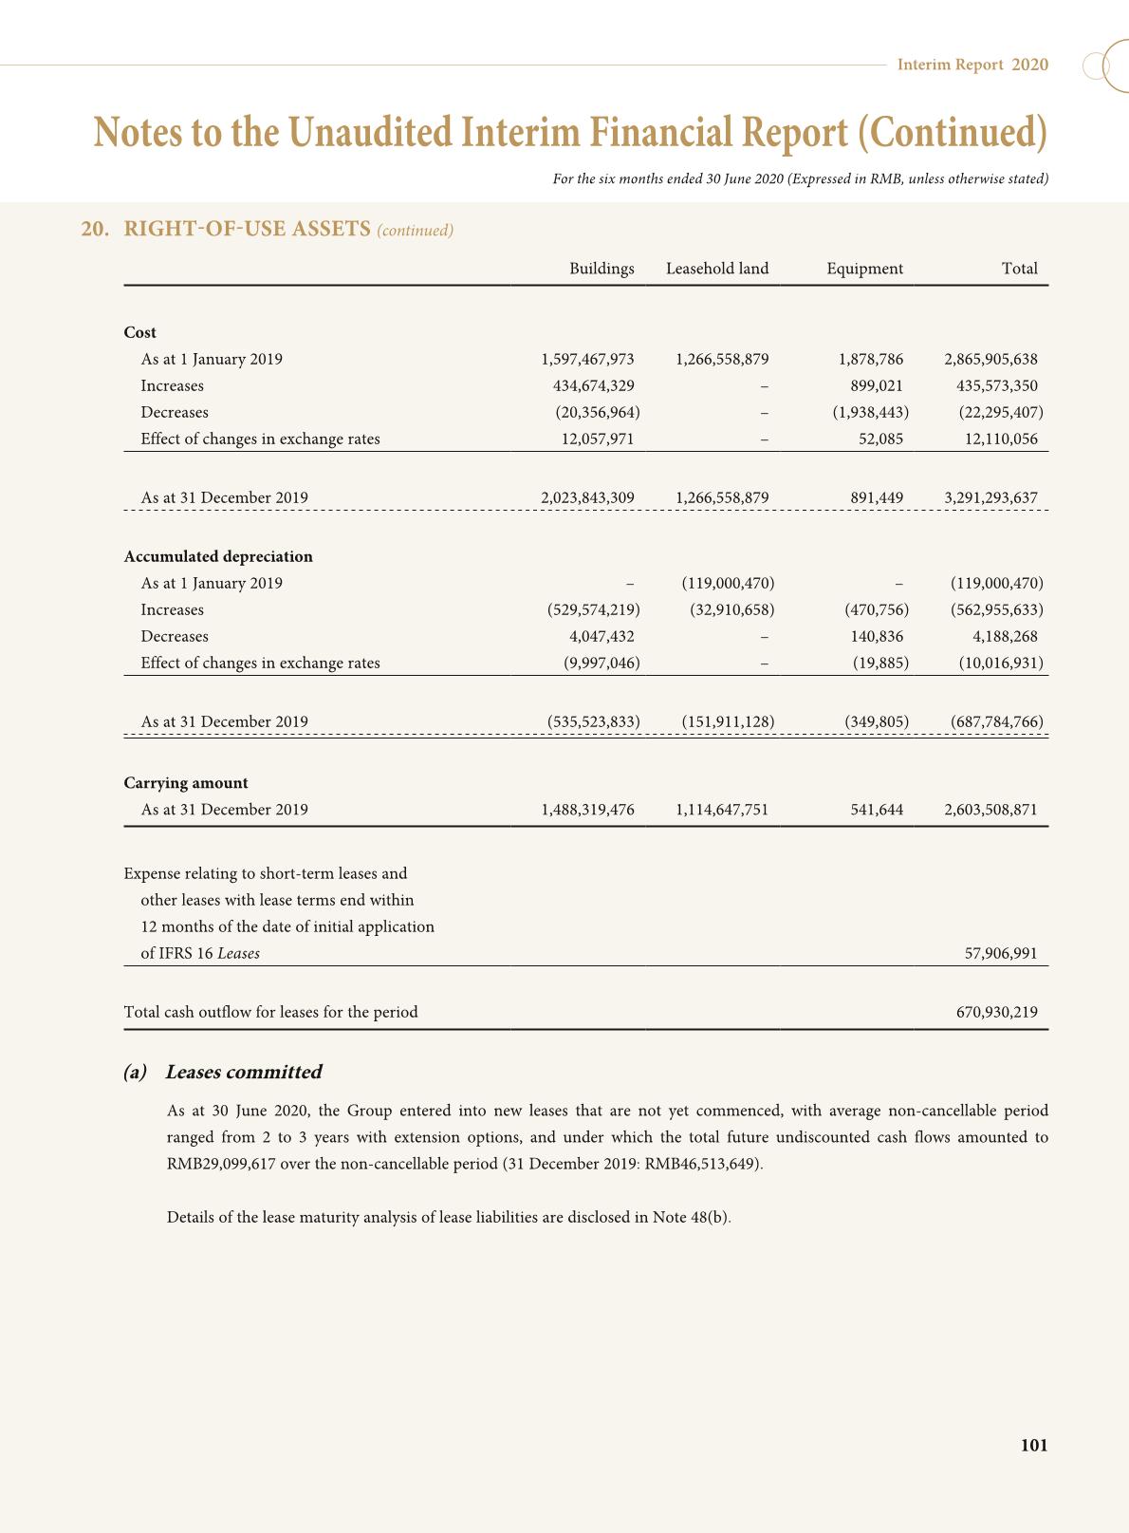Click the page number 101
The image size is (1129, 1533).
(x=1034, y=1446)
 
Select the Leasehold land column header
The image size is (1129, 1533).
(x=717, y=269)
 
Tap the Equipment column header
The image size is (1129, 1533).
(x=864, y=269)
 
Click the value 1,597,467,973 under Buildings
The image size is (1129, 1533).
(x=587, y=359)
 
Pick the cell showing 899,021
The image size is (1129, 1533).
(x=877, y=385)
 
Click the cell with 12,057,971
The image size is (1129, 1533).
(x=595, y=439)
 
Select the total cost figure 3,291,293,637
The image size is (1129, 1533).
(x=990, y=497)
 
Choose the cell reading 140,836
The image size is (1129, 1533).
(x=877, y=636)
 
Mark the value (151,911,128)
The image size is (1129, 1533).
(x=728, y=721)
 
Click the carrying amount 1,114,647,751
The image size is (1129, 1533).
(x=722, y=810)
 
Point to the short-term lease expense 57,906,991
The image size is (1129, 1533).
(x=1001, y=953)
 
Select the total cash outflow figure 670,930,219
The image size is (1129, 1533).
(x=996, y=1012)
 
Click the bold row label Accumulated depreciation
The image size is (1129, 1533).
(x=218, y=556)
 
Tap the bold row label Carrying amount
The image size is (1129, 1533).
(x=186, y=783)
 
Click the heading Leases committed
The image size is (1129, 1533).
(x=243, y=1072)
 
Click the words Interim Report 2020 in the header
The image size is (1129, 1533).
(x=972, y=65)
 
